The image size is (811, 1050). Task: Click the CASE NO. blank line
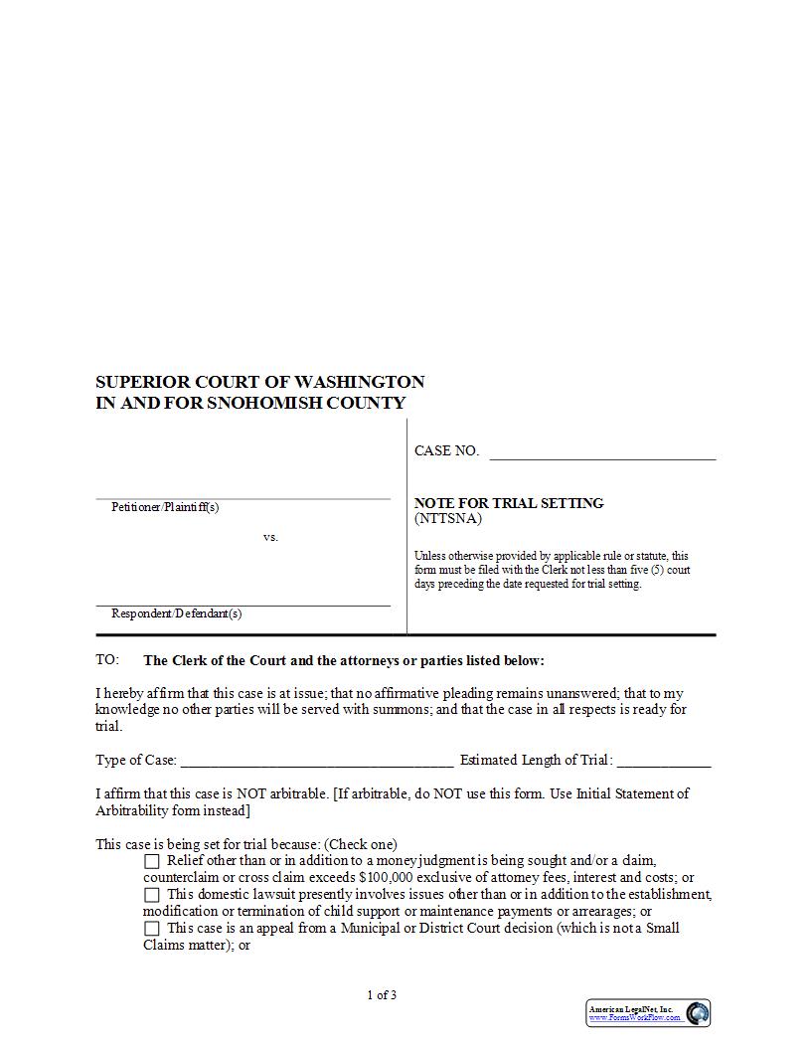(602, 457)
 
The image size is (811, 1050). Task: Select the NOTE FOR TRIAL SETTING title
(509, 503)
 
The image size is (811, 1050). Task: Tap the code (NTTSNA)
(447, 518)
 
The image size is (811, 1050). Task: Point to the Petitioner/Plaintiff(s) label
(165, 507)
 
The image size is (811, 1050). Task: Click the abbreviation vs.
(270, 537)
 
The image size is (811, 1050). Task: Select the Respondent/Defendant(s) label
(176, 613)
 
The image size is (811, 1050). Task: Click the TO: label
(107, 660)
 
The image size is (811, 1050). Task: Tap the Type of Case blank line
(317, 764)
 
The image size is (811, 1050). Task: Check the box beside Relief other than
(152, 861)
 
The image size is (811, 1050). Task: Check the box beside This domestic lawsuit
(152, 895)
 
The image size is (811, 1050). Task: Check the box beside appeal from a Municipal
(152, 929)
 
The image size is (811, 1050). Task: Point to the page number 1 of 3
(382, 995)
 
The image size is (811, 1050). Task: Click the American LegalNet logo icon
(698, 1013)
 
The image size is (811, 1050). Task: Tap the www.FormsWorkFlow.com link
(635, 1018)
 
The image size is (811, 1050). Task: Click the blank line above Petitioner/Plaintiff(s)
(243, 497)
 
